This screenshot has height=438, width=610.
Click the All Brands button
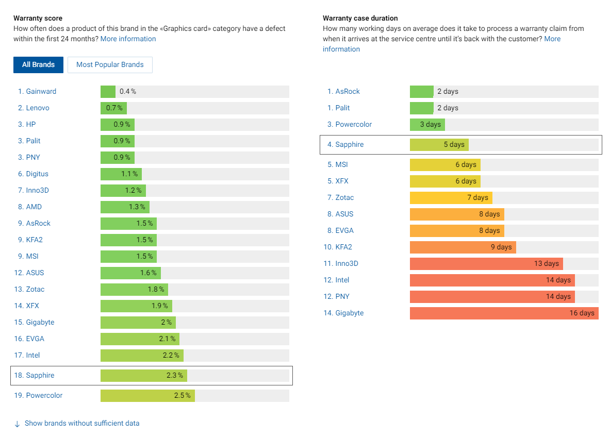pyautogui.click(x=38, y=65)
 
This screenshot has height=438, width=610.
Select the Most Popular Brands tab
pyautogui.click(x=110, y=65)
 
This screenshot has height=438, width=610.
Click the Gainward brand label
pyautogui.click(x=41, y=91)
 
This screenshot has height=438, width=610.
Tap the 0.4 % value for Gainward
pyautogui.click(x=128, y=91)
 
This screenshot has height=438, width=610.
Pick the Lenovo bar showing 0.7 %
pyautogui.click(x=113, y=108)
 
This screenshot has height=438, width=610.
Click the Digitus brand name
pyautogui.click(x=37, y=174)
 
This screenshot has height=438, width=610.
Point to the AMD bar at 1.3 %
pyautogui.click(x=125, y=207)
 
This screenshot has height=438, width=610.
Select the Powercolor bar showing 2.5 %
pyautogui.click(x=147, y=395)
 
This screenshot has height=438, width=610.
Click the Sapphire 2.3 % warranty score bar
pyautogui.click(x=143, y=375)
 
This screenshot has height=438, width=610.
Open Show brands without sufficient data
pyautogui.click(x=82, y=423)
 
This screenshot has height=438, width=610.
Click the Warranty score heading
pyautogui.click(x=38, y=19)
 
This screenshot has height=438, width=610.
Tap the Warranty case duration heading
pyautogui.click(x=360, y=19)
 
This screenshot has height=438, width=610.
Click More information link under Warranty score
pyautogui.click(x=128, y=39)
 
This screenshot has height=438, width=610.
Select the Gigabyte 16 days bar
pyautogui.click(x=504, y=313)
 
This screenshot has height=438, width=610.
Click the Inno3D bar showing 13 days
pyautogui.click(x=486, y=263)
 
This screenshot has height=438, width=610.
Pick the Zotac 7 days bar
pyautogui.click(x=451, y=197)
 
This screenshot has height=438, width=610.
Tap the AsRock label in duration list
pyautogui.click(x=348, y=91)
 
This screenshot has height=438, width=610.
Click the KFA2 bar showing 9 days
pyautogui.click(x=463, y=247)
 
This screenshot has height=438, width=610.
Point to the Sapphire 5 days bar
pyautogui.click(x=439, y=144)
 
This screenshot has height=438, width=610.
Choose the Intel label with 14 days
pyautogui.click(x=342, y=280)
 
